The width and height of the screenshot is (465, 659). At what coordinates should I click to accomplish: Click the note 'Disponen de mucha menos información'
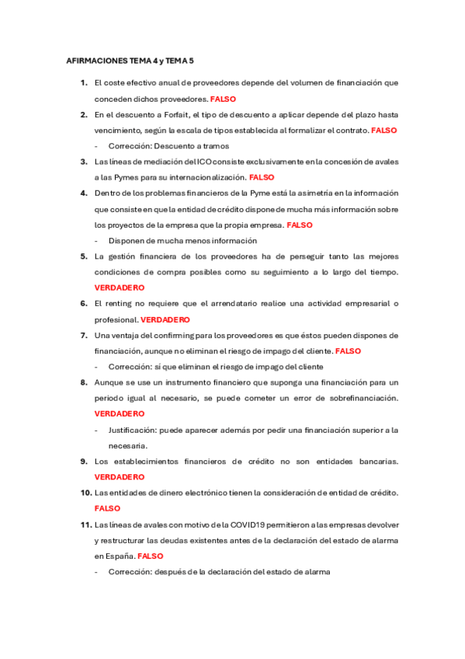[172, 240]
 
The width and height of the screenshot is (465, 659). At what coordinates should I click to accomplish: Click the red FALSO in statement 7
[349, 350]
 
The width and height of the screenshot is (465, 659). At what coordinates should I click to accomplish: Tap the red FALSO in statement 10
[107, 508]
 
